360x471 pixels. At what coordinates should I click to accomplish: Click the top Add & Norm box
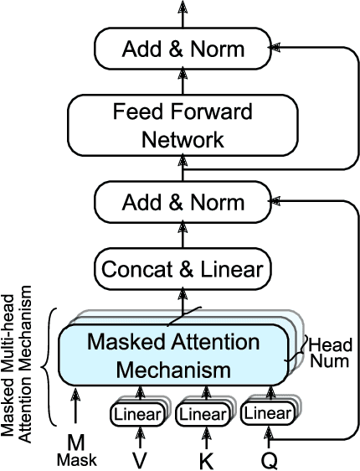pos(183,49)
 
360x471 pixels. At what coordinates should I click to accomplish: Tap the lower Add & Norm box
pos(183,202)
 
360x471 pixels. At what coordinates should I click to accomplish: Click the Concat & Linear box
pos(183,269)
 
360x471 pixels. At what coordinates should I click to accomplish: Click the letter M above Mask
pos(77,443)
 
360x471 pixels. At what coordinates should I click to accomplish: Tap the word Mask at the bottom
pos(77,459)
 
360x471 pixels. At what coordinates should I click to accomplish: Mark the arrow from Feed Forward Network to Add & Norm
pos(183,82)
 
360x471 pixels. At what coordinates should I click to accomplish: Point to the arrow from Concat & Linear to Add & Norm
pos(183,235)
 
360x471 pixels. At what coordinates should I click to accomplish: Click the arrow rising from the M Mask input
pos(77,411)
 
